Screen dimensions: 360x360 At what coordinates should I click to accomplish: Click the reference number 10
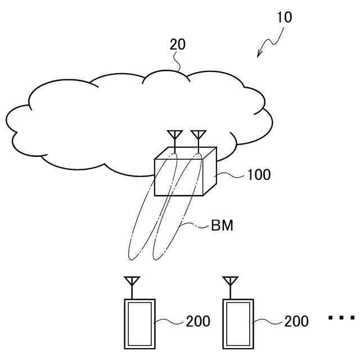pos(284,17)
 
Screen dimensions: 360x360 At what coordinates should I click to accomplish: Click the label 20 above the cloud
pos(178,44)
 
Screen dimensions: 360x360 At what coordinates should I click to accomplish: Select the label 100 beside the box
pos(258,174)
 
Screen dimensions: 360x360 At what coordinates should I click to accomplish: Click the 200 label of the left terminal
pos(197,321)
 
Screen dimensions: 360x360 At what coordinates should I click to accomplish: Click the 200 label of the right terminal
pos(296,321)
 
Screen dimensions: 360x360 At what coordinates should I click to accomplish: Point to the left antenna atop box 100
pos(174,136)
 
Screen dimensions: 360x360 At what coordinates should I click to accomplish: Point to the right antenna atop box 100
pos(198,136)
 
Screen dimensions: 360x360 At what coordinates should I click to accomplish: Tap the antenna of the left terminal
pos(132,282)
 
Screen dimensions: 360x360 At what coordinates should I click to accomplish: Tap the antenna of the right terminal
pos(229,282)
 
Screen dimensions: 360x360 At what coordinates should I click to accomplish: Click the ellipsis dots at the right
pos(341,318)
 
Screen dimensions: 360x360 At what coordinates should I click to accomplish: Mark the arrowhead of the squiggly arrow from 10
pos(259,54)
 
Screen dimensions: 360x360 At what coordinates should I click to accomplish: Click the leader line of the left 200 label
pos(170,322)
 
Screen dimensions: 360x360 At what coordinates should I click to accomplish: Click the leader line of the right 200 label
pos(269,322)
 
